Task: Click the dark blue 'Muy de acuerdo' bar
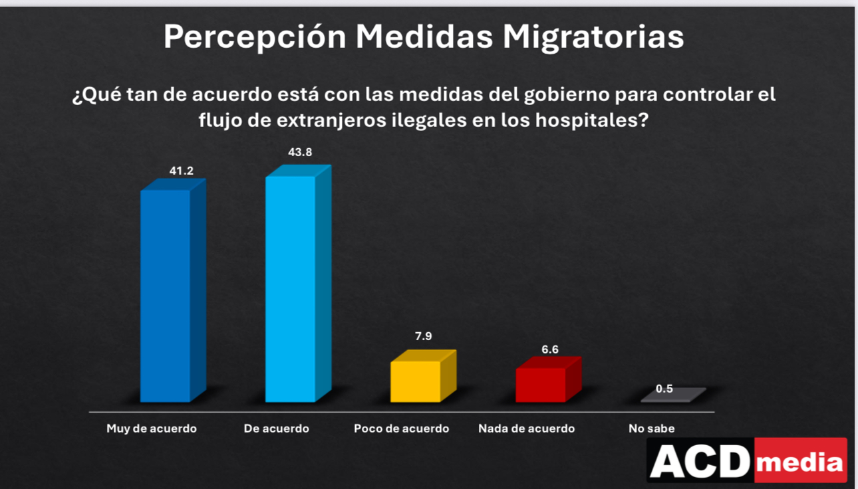pyautogui.click(x=166, y=296)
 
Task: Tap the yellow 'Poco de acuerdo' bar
pyautogui.click(x=416, y=381)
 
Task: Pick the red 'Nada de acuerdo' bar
pyautogui.click(x=541, y=385)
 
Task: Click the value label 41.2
pyautogui.click(x=181, y=171)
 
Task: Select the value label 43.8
pyautogui.click(x=300, y=152)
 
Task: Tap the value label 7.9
pyautogui.click(x=424, y=336)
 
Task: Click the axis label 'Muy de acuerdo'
pyautogui.click(x=152, y=429)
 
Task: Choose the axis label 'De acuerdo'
pyautogui.click(x=277, y=429)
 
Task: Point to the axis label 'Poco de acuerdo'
pyautogui.click(x=401, y=429)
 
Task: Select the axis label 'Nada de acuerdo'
pyautogui.click(x=526, y=429)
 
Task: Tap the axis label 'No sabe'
pyautogui.click(x=652, y=429)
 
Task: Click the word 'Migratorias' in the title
pyautogui.click(x=593, y=37)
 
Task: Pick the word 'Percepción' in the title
pyautogui.click(x=255, y=37)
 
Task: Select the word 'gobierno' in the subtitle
pyautogui.click(x=564, y=94)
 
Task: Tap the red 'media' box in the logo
pyautogui.click(x=801, y=460)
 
